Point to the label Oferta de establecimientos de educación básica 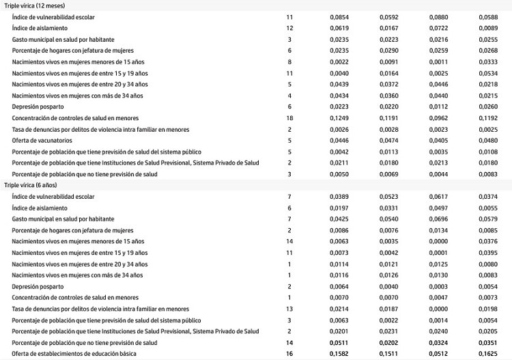coord(74,353)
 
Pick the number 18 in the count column coord(289,119)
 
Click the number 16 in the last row coord(289,353)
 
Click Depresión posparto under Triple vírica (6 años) coord(38,287)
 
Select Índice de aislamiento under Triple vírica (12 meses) coord(40,27)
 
